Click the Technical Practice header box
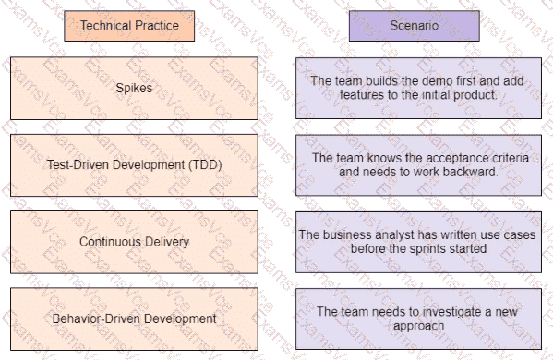coord(129,26)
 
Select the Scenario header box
coord(414,26)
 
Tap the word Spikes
coord(134,88)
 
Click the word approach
coord(418,326)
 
